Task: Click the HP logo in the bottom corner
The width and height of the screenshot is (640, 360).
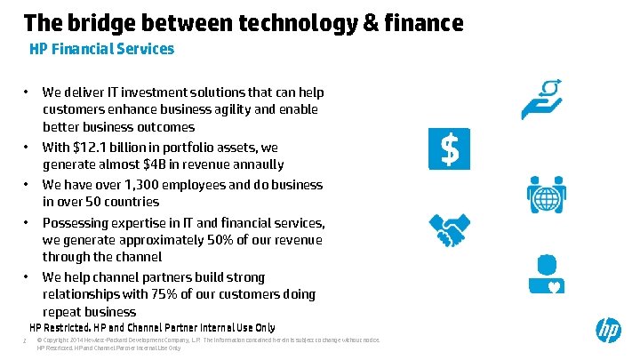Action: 608,332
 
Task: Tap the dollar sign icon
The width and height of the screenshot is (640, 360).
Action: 450,149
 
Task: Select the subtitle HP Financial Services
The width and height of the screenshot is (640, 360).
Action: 101,49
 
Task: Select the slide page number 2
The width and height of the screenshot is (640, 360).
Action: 26,340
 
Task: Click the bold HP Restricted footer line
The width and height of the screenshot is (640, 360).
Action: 152,327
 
